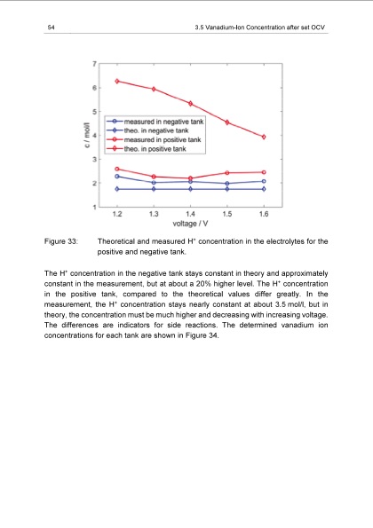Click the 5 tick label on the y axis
(95, 112)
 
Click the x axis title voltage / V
(190, 223)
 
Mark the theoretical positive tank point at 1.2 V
(117, 81)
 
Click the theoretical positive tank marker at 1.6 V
(264, 137)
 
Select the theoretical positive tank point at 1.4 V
(190, 103)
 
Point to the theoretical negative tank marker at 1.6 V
(264, 189)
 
